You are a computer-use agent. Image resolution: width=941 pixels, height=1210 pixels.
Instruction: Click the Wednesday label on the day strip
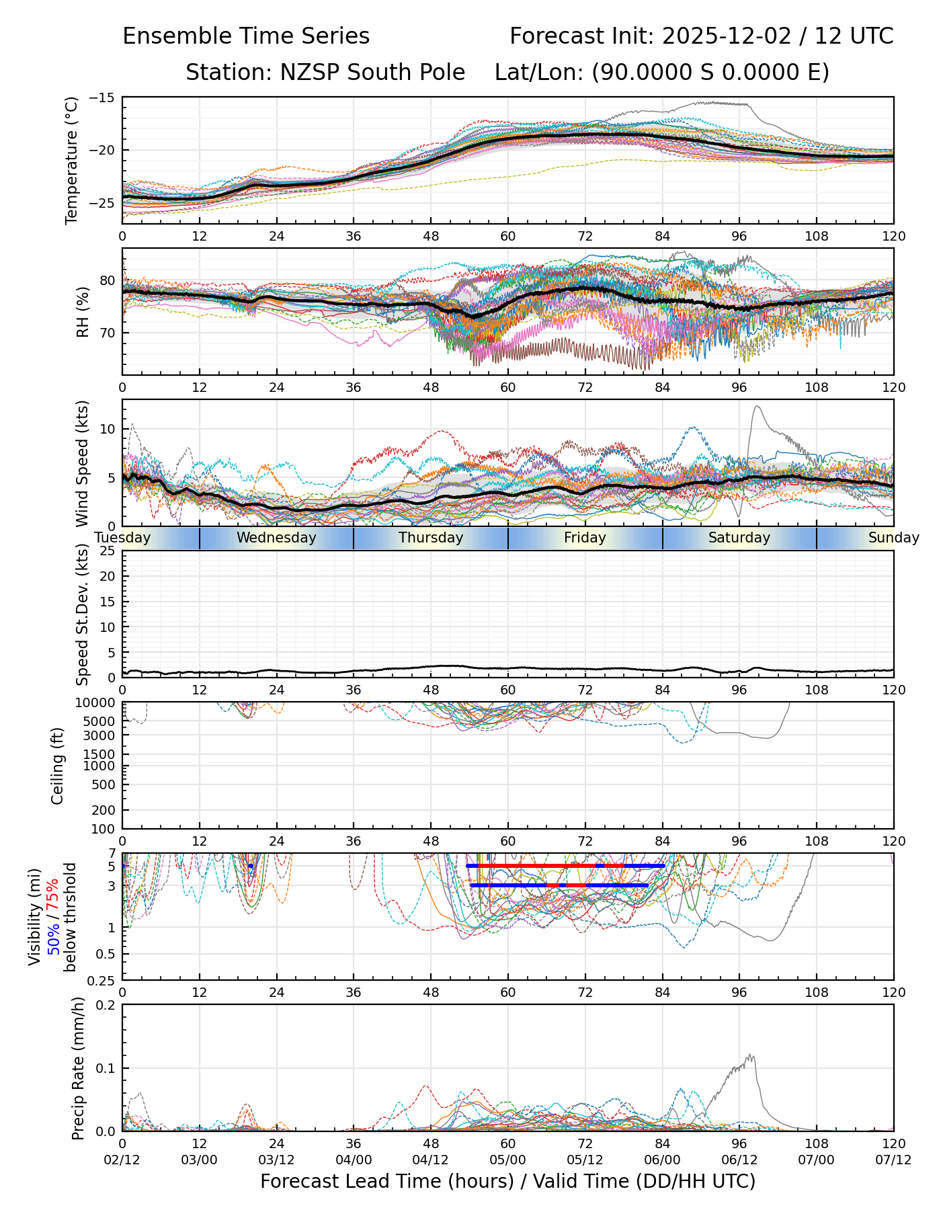(x=276, y=538)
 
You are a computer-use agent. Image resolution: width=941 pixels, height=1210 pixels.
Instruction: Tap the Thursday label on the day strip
(x=431, y=538)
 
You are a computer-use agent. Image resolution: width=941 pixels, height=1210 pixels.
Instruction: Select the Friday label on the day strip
(x=585, y=538)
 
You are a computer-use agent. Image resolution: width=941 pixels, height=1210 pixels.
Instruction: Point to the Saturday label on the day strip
(x=739, y=538)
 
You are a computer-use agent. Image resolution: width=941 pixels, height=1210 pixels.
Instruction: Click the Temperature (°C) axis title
(x=72, y=160)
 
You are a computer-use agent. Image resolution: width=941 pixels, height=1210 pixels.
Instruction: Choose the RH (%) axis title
(x=83, y=311)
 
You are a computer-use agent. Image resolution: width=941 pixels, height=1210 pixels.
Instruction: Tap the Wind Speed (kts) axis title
(x=82, y=463)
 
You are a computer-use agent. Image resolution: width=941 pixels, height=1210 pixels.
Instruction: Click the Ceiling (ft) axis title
(x=58, y=766)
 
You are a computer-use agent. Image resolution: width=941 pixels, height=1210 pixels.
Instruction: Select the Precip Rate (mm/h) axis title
(x=79, y=1068)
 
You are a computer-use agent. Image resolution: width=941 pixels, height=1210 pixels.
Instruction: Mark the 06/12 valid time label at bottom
(x=739, y=1160)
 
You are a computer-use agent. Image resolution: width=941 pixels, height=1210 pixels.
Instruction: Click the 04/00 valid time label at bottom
(x=354, y=1160)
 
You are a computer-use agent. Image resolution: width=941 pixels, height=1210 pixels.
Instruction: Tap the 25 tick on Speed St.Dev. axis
(x=108, y=551)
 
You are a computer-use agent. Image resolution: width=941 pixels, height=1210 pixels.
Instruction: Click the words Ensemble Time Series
(x=246, y=36)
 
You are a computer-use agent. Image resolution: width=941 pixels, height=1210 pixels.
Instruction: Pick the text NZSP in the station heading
(x=302, y=73)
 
